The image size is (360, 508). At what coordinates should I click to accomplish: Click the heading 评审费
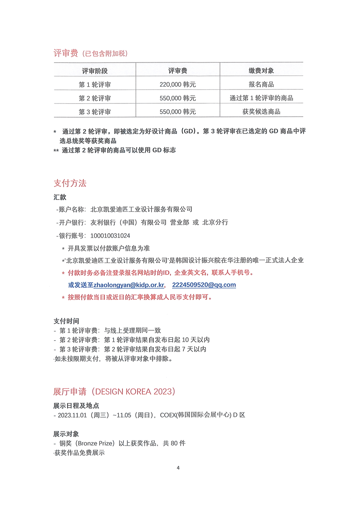click(x=66, y=53)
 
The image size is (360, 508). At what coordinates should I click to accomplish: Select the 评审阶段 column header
click(x=94, y=71)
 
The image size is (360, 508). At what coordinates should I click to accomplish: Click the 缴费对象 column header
click(x=261, y=71)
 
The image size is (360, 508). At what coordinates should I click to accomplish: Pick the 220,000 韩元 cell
click(x=178, y=85)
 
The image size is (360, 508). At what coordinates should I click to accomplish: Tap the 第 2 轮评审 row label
click(x=94, y=98)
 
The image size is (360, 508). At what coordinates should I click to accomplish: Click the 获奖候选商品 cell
click(x=261, y=111)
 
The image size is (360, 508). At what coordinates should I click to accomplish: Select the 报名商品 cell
click(x=261, y=85)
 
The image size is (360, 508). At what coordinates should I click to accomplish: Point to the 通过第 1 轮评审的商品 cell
click(x=261, y=98)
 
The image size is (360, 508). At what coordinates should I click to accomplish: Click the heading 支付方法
click(x=70, y=183)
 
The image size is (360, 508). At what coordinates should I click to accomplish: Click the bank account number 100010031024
click(x=110, y=235)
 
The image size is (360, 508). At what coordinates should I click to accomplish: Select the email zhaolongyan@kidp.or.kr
click(x=129, y=285)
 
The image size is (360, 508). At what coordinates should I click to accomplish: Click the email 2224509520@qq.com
click(x=204, y=285)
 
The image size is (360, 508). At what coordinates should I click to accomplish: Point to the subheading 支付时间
click(x=66, y=321)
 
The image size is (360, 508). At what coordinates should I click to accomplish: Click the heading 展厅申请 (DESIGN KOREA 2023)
click(x=114, y=391)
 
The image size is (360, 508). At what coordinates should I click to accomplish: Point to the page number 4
click(x=178, y=468)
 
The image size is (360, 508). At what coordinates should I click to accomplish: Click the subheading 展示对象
click(x=66, y=434)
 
